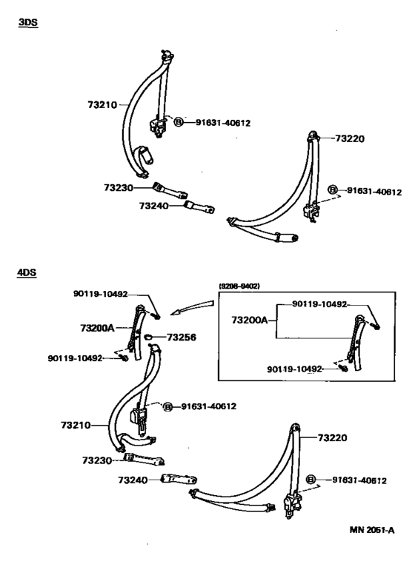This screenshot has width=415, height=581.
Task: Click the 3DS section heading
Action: (28, 22)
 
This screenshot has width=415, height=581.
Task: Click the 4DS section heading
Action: (27, 272)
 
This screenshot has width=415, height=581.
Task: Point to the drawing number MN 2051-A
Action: (371, 530)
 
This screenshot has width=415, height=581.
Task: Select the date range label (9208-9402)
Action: (239, 286)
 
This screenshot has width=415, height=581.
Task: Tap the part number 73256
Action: (182, 337)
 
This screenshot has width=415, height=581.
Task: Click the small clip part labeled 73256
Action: (148, 337)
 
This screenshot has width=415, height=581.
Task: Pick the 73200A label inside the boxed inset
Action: (249, 320)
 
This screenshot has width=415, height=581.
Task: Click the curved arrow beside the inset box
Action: (192, 309)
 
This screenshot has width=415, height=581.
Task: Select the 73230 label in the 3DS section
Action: (119, 188)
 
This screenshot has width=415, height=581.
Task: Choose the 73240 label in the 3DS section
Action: (153, 206)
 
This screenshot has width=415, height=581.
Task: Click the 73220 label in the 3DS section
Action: (350, 138)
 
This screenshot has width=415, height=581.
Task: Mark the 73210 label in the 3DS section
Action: (102, 105)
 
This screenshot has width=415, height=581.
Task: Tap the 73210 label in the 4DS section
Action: (76, 425)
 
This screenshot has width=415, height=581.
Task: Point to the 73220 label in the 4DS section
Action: (332, 438)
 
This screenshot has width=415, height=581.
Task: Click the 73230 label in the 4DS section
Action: (97, 460)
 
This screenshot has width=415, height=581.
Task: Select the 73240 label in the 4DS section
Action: (133, 480)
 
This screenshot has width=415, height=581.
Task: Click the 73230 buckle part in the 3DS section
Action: (170, 189)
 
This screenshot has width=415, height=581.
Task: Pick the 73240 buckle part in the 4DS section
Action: (179, 479)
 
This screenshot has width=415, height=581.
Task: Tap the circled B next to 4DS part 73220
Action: (311, 480)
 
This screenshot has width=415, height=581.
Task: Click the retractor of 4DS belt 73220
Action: (293, 505)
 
